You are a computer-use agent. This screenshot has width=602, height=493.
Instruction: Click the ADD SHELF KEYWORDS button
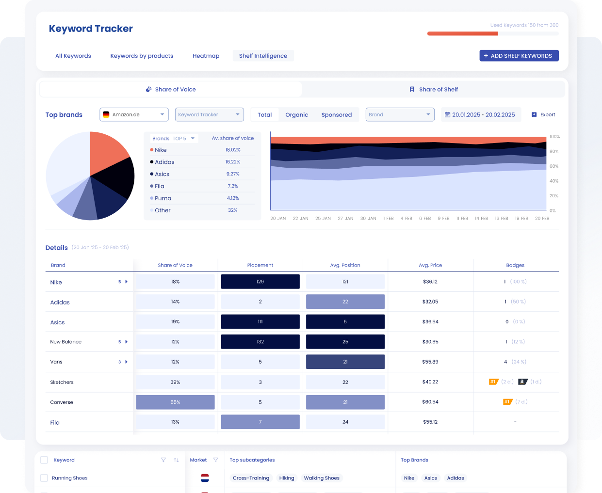[x=519, y=56]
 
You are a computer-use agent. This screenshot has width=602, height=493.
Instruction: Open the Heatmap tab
[x=206, y=56]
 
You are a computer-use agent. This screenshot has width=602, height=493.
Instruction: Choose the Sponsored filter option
[x=336, y=115]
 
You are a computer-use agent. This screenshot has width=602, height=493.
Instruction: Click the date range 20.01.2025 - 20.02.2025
[x=480, y=115]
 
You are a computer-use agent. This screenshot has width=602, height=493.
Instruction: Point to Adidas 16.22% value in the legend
[x=232, y=162]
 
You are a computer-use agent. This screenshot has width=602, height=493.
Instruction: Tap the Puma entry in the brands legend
[x=163, y=198]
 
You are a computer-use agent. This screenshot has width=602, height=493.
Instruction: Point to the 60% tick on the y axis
[x=553, y=166]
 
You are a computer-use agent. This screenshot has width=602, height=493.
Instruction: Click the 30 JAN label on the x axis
[x=368, y=219]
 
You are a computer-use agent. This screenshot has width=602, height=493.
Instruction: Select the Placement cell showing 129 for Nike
[x=260, y=282]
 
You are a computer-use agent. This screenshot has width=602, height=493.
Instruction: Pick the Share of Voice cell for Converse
[x=175, y=402]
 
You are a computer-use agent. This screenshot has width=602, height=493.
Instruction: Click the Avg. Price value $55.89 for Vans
[x=430, y=362]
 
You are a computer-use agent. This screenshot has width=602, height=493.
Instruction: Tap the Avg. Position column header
[x=345, y=265]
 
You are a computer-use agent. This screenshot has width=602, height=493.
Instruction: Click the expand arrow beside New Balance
[x=126, y=342]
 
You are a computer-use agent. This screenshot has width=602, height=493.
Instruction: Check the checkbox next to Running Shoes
[x=44, y=478]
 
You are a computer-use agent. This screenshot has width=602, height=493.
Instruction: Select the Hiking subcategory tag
[x=286, y=478]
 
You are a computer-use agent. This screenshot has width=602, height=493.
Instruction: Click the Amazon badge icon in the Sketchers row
[x=522, y=382]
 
